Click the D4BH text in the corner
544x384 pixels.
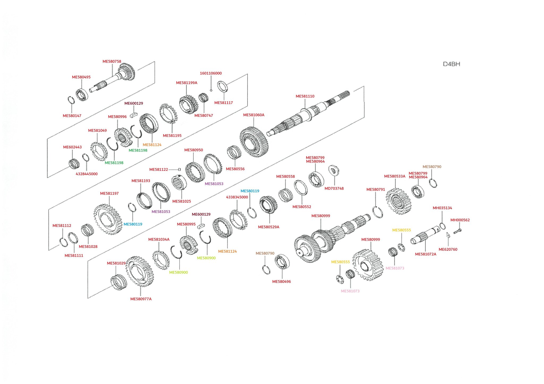pos(451,64)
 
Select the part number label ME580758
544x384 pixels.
pos(112,62)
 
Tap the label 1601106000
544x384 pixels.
pos(211,73)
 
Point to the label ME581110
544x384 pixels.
pos(305,96)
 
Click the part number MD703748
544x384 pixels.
pos(334,189)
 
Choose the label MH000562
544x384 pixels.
pos(460,220)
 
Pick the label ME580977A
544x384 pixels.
pos(141,299)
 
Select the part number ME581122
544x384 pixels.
pos(159,169)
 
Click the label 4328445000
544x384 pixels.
pos(87,174)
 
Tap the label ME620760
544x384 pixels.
pos(448,249)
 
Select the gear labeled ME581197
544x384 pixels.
pos(108,219)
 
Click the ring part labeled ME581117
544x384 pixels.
pos(222,86)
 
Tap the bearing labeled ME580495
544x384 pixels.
pos(82,95)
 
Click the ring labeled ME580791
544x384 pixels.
pos(377,212)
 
